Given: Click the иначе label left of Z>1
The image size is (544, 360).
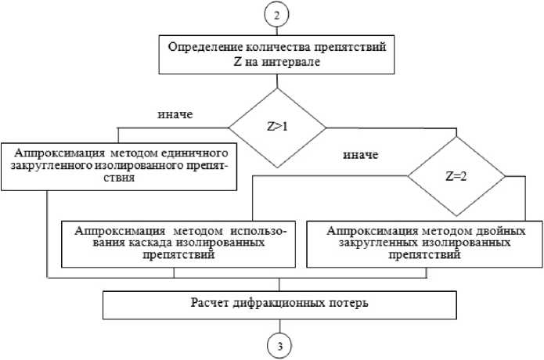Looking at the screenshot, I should pyautogui.click(x=175, y=114).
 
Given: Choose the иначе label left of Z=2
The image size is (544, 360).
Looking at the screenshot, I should pyautogui.click(x=361, y=154).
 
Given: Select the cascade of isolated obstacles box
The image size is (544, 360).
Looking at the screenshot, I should pyautogui.click(x=181, y=244).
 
